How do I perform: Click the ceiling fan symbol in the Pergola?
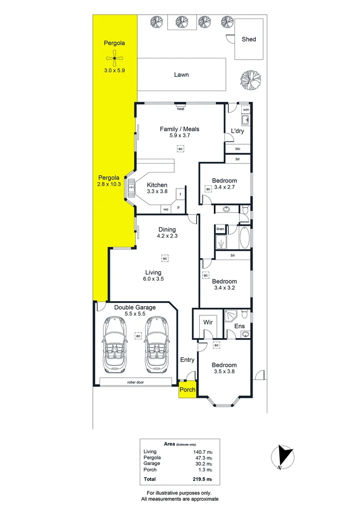point(115,58)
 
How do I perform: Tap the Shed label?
point(249,39)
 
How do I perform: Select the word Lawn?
point(181,74)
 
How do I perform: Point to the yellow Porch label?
point(187,390)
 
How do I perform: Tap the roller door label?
point(135,382)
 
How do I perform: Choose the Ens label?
point(240,326)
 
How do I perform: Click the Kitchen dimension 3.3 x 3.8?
point(157,192)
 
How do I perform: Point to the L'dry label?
point(237,131)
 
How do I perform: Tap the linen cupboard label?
point(220,229)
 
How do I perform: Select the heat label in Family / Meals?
point(180,109)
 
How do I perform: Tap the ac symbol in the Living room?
point(164,258)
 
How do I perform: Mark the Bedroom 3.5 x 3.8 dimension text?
point(224,371)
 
